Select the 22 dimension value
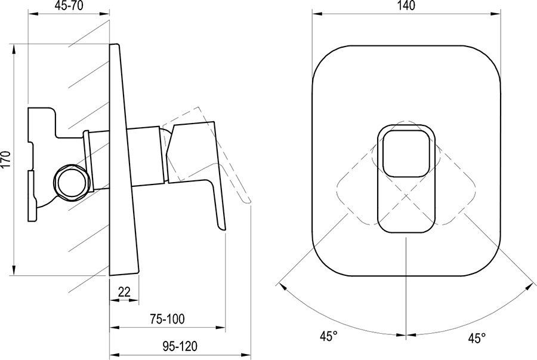[x=124, y=291]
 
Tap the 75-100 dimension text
[x=167, y=319]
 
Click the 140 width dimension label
[x=405, y=7]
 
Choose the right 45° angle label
[x=475, y=339]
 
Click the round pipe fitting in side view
[x=70, y=182]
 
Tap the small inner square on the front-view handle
[x=405, y=154]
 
